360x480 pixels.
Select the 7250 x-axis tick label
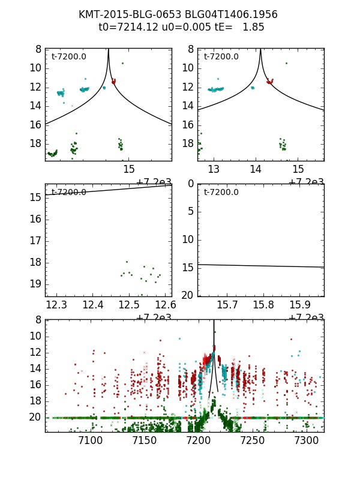252,442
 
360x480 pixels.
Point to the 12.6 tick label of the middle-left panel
164,306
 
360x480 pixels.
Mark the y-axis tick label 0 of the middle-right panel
190,184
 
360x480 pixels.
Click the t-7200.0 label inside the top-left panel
68,57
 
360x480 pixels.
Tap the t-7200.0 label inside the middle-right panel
221,193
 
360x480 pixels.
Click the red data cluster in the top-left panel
113,80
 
